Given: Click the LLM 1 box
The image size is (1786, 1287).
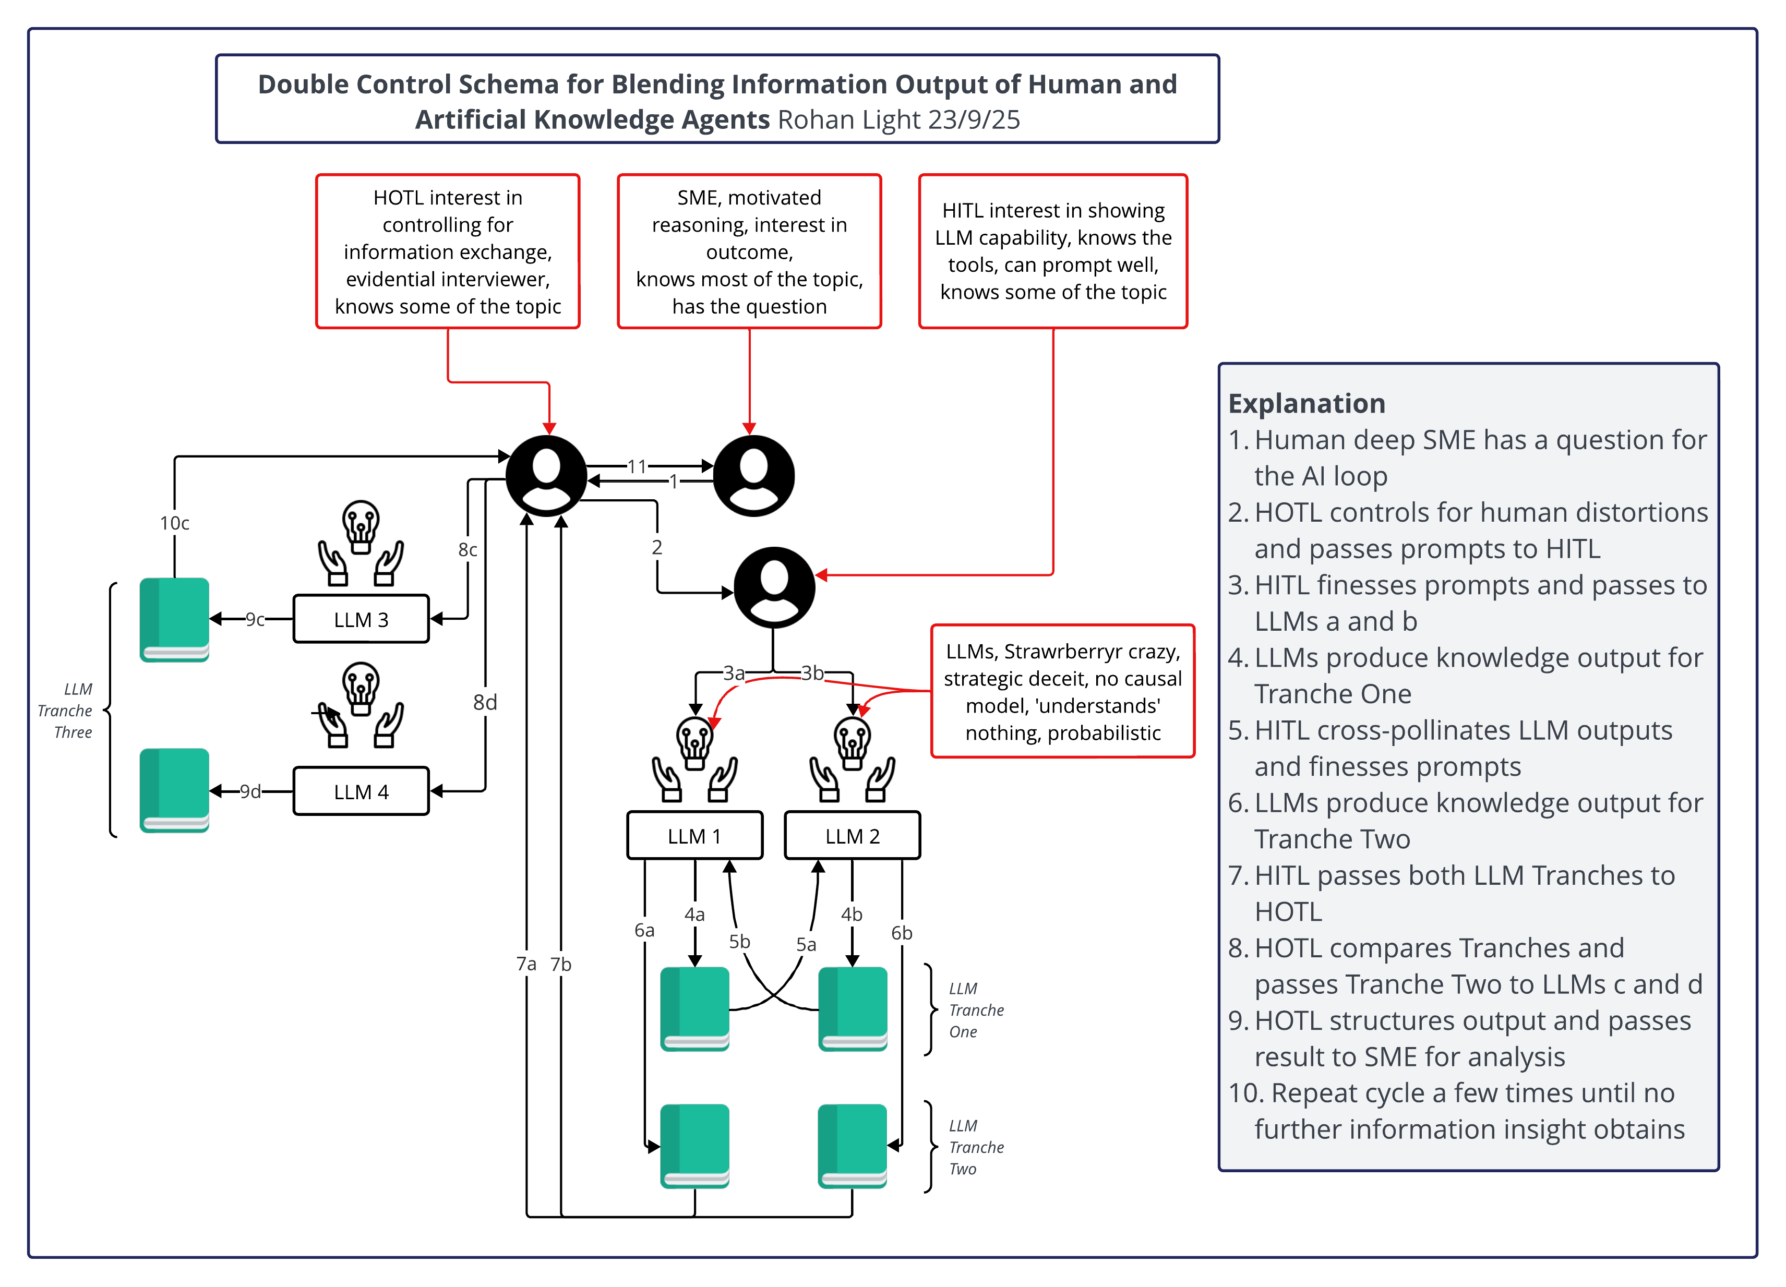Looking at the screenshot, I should [x=694, y=835].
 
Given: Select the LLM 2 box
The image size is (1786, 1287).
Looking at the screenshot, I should [x=852, y=835].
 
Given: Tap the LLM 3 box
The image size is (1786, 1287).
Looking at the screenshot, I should [x=361, y=619].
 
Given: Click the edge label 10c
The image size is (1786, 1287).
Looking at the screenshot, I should [x=175, y=523].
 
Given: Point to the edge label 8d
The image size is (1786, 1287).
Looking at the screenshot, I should [x=485, y=702].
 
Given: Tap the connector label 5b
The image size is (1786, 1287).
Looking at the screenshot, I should [x=739, y=942].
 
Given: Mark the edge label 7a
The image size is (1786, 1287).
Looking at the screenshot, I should [x=526, y=964].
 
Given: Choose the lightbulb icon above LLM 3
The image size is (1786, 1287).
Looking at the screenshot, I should [x=361, y=526].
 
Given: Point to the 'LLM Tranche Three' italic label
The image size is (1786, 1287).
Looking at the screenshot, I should [x=67, y=711].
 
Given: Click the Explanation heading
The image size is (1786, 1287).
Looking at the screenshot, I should [x=1306, y=403].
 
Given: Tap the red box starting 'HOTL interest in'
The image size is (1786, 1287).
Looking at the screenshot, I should [x=447, y=251].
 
